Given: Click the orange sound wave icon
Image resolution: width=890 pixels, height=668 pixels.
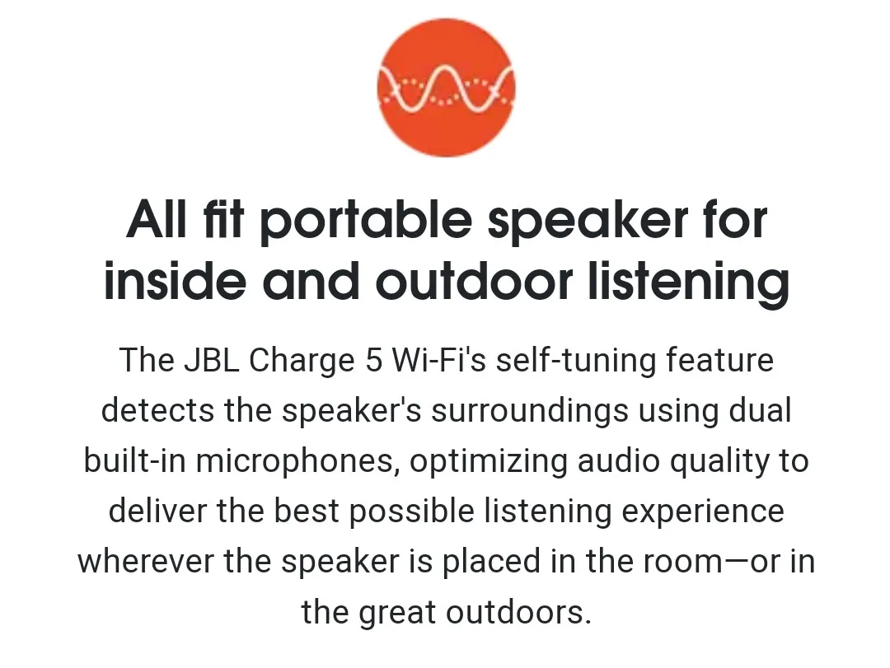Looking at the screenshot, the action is tap(446, 87).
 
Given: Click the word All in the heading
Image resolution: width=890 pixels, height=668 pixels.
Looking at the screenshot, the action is tap(157, 220).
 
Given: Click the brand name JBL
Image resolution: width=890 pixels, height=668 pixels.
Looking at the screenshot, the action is tap(211, 360).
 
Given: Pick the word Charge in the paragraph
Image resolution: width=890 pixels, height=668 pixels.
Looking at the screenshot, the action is tap(302, 361).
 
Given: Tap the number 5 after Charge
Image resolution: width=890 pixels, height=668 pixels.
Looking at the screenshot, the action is tap(374, 360).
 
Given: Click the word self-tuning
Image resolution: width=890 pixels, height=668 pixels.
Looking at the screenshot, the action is tap(576, 361).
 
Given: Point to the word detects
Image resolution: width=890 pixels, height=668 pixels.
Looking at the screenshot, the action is tap(157, 410).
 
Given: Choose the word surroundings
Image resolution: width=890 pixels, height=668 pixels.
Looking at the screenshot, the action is tap(530, 412).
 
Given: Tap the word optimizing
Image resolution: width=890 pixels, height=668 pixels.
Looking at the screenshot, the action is tap(488, 462).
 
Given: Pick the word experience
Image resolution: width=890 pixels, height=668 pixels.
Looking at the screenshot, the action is tap(703, 512).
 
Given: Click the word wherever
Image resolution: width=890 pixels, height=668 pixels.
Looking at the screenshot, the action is tap(146, 561).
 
